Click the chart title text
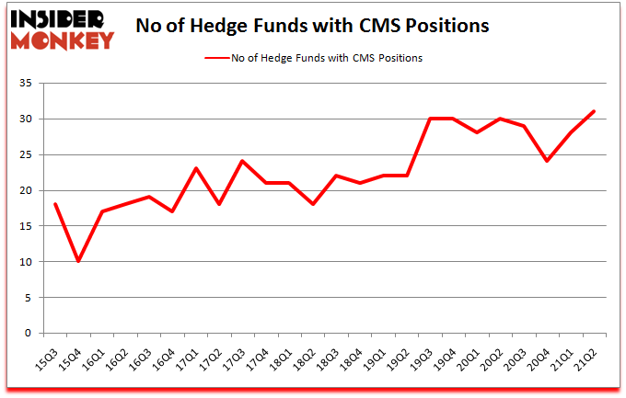pyautogui.click(x=312, y=27)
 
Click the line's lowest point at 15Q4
pyautogui.click(x=78, y=261)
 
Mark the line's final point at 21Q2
pyautogui.click(x=594, y=112)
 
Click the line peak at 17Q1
pyautogui.click(x=196, y=168)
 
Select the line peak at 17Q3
pyautogui.click(x=242, y=162)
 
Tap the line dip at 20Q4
pyautogui.click(x=547, y=162)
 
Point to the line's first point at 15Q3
pyautogui.click(x=55, y=204)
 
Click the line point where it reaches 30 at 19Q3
pyautogui.click(x=430, y=119)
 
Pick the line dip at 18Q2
pyautogui.click(x=313, y=204)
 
